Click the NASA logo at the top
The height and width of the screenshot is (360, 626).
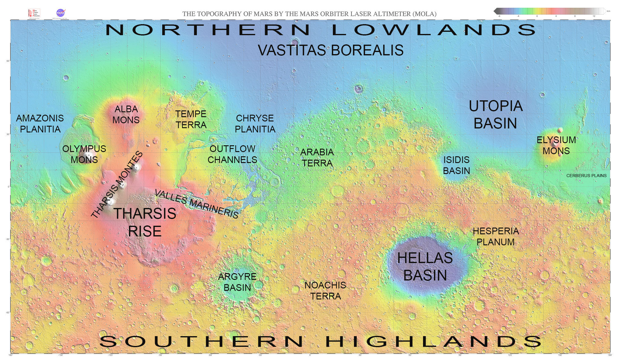(60, 13)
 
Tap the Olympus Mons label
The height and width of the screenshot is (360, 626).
(84, 154)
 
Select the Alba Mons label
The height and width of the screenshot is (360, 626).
(126, 114)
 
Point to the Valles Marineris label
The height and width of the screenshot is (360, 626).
(196, 204)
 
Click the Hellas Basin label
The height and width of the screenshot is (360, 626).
(425, 266)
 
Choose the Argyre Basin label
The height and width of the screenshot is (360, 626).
(237, 282)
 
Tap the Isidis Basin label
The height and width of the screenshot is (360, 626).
(456, 165)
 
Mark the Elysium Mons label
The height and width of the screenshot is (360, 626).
(556, 145)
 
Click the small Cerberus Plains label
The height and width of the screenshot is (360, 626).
(586, 176)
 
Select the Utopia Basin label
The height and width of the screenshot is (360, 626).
(495, 115)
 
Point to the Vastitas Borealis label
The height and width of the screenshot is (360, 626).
(330, 50)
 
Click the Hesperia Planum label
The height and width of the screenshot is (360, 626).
(495, 236)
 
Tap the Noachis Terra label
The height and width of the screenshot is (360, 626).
(325, 291)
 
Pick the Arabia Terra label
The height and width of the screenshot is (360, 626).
(317, 158)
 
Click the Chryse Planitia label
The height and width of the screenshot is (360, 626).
(255, 124)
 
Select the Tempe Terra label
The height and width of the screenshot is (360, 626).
(191, 119)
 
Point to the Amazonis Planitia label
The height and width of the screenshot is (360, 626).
(40, 124)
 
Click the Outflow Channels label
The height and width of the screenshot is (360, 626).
(232, 154)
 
